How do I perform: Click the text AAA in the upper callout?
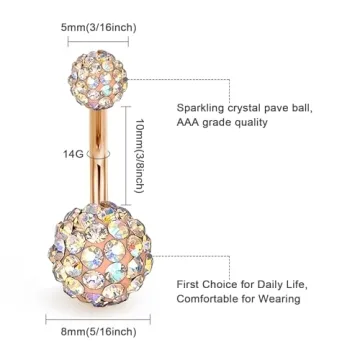click(x=190, y=123)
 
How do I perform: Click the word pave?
click(x=296, y=106)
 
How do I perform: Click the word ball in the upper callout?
click(x=324, y=106)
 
